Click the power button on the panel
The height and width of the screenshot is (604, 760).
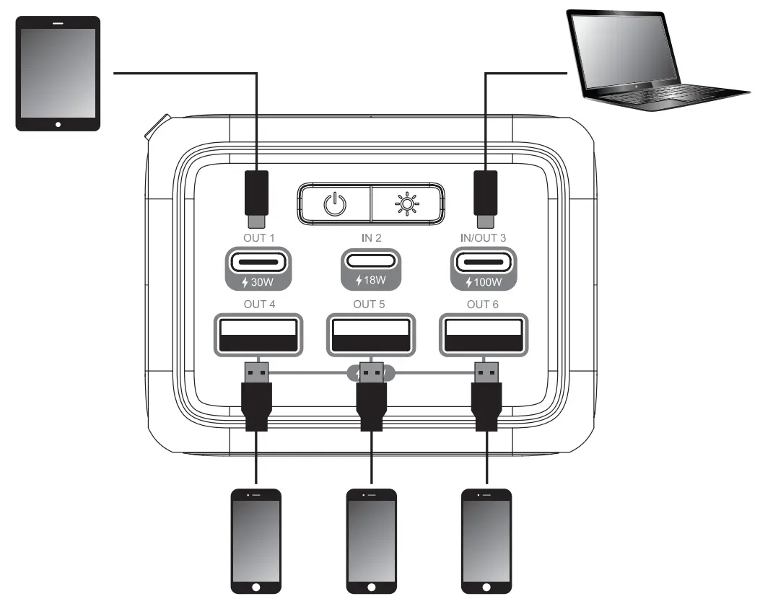coord(333,204)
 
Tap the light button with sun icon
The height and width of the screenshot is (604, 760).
coord(408,204)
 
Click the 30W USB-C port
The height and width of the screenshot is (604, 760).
coord(258,261)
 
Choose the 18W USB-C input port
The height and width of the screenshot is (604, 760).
coord(369,261)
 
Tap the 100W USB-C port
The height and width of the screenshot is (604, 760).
coord(484,261)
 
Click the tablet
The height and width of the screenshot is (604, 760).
coord(58,74)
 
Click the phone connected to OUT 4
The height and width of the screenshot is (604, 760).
coord(255,540)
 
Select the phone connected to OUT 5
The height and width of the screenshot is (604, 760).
coord(371,540)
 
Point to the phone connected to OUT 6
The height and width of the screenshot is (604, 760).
coord(486,540)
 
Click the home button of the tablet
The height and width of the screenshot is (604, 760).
coord(58,124)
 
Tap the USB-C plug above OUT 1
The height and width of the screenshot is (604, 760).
coord(258,196)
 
